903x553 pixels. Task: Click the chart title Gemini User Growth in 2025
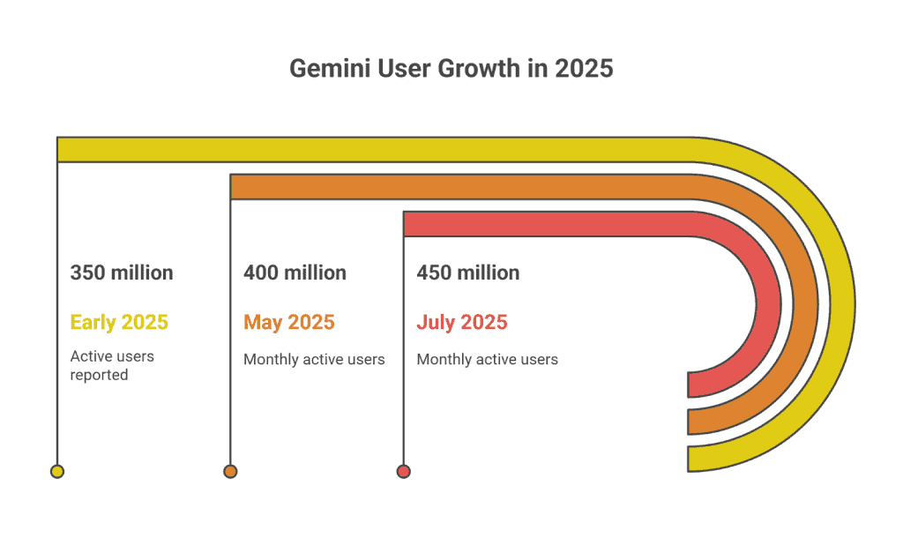[x=451, y=69]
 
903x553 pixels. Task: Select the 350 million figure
[x=122, y=273]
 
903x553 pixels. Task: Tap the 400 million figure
[x=295, y=273]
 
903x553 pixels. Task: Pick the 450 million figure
[x=467, y=273]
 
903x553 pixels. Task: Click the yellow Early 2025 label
[x=119, y=322]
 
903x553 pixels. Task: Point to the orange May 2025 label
[x=289, y=322]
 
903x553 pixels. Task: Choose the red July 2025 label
[x=462, y=322]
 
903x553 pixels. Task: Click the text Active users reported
[x=112, y=365]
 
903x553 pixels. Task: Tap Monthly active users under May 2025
[x=314, y=359]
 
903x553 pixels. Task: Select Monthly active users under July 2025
[x=487, y=359]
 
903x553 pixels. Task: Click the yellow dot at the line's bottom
[x=57, y=471]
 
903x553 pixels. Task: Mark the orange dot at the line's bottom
[x=230, y=471]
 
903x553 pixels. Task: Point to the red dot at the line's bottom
[x=403, y=471]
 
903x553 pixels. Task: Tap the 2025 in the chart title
[x=584, y=69]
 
